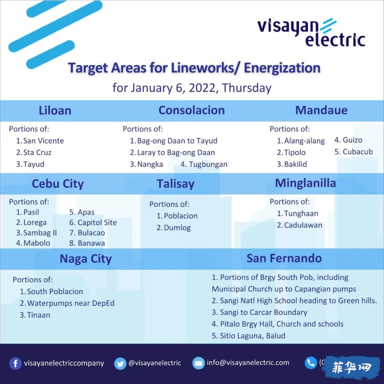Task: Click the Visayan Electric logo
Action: [x=311, y=32]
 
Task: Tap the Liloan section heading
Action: [x=55, y=111]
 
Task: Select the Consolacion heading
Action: [x=192, y=110]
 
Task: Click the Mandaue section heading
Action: [x=321, y=110]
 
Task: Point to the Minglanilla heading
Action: [x=305, y=183]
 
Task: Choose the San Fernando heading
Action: [x=284, y=258]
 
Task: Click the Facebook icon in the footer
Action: [x=15, y=363]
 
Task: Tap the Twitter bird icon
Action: [x=120, y=363]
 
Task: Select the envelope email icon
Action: [x=198, y=363]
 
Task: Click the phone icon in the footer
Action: [x=311, y=363]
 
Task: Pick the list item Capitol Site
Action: [x=93, y=222]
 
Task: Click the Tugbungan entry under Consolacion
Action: [x=204, y=164]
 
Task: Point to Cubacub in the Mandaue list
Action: [x=354, y=152]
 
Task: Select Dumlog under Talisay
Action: [x=174, y=228]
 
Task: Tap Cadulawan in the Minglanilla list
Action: [x=299, y=225]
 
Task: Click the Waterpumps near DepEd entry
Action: [x=67, y=303]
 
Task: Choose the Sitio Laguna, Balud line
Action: [x=249, y=336]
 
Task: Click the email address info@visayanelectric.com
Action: [x=248, y=362]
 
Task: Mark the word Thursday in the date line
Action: [x=247, y=88]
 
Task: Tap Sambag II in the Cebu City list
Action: [x=37, y=233]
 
